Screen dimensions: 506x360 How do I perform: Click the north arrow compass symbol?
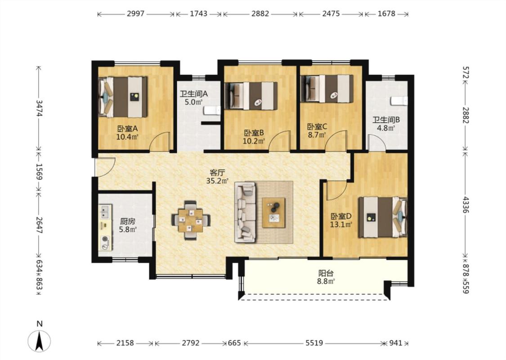coord(40,341)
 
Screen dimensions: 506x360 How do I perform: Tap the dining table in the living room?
coord(191,220)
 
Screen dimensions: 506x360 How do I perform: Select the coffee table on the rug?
coord(273,213)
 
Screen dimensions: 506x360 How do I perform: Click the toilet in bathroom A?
coord(212,111)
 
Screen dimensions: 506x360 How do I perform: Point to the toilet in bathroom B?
coord(399,101)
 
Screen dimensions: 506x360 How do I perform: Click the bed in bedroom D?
coord(383,217)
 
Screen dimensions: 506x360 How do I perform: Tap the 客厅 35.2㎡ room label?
coord(217,176)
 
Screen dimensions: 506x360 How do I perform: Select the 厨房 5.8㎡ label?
coord(128,225)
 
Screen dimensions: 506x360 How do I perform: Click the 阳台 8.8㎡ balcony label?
coord(326,277)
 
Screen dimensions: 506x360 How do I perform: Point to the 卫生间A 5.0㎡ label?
coord(193,98)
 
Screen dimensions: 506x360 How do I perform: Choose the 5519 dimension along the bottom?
coord(314,343)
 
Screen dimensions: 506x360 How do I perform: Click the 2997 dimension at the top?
coord(135,14)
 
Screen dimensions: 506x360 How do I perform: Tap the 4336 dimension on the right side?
coord(466,204)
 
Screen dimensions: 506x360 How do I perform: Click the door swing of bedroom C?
coord(336,140)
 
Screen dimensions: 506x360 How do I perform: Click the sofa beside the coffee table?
coord(245,212)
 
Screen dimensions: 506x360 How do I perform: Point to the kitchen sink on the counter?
coord(105,212)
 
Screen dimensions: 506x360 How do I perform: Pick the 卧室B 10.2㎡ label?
coord(254,136)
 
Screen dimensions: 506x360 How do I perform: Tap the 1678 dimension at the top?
coord(386,14)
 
